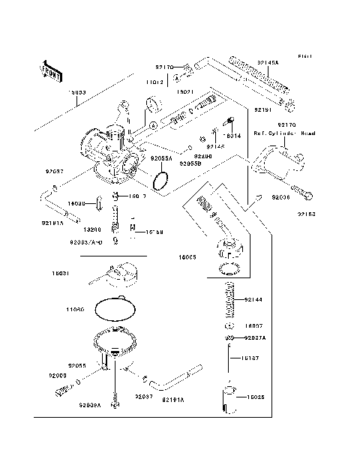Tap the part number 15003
[78, 93]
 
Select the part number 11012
[154, 81]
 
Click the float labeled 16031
[118, 275]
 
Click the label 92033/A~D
[85, 242]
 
